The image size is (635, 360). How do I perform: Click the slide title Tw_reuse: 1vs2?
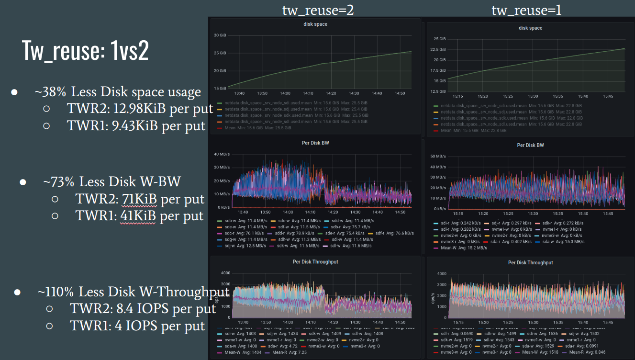(85, 50)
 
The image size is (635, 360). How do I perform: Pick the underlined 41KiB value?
(135, 216)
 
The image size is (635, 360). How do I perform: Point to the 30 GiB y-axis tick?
(220, 35)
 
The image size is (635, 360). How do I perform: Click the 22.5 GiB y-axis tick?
(438, 49)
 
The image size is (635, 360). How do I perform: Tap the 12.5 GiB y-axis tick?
(438, 91)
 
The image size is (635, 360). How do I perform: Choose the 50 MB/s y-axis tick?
(438, 157)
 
